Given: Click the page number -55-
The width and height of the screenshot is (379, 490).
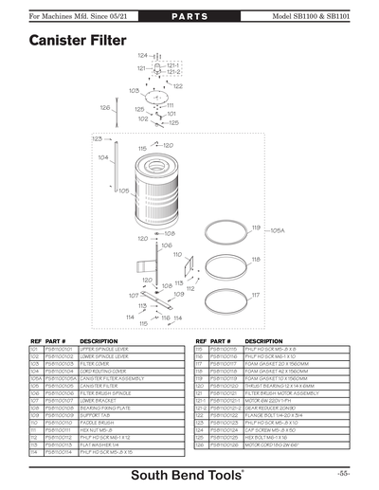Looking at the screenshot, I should click(343, 472).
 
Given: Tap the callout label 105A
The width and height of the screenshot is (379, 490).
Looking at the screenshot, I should click(278, 230).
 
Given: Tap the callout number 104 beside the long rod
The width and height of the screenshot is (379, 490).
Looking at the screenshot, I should click(102, 157).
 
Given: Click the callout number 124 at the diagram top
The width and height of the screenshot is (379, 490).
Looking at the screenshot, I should click(141, 56).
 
